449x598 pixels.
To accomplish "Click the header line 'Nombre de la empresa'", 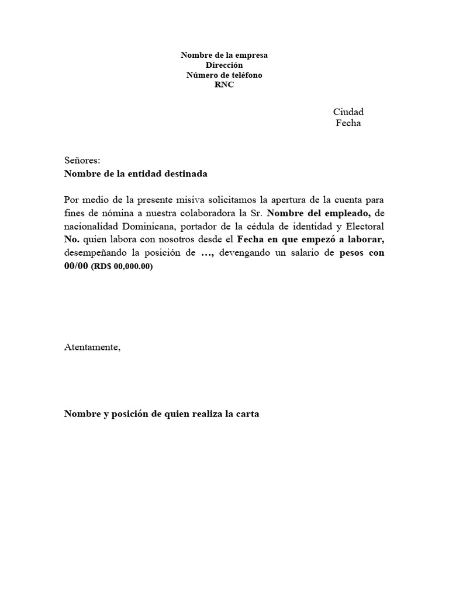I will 224,55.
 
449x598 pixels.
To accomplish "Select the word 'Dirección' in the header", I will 224,65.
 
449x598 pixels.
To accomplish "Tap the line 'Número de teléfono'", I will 224,75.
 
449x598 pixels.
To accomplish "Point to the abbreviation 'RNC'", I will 224,85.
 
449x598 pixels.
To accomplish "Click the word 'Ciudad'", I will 348,112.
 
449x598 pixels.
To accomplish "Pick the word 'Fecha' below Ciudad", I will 348,123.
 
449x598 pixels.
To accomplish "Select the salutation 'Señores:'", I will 82,160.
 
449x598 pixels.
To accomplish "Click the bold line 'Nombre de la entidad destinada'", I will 136,173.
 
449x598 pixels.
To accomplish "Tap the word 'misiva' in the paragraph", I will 178,199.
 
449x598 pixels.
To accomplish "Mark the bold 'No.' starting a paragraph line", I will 71,239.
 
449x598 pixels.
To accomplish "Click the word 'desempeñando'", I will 92,253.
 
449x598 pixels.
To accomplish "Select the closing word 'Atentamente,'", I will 92,347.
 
